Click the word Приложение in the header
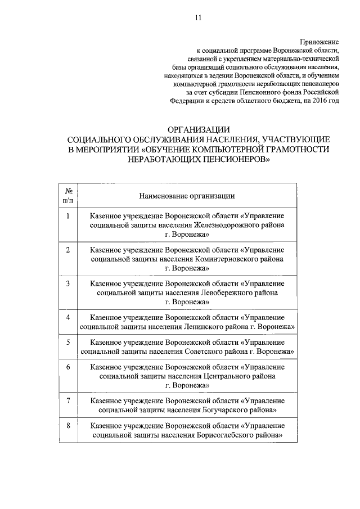(320, 42)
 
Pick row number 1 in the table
(67, 216)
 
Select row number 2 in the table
(67, 249)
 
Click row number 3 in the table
(67, 283)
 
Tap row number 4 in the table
(67, 317)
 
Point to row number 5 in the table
(67, 342)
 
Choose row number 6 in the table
(67, 367)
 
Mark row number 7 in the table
(67, 400)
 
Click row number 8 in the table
(67, 426)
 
